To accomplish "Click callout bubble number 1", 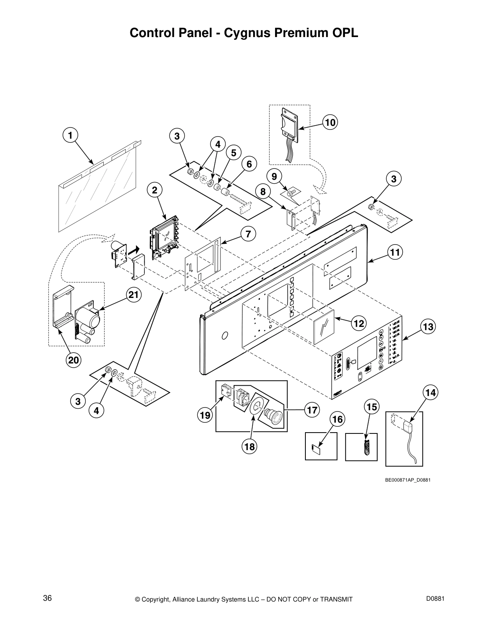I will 70,135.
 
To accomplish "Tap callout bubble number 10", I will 330,122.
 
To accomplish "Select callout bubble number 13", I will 428,327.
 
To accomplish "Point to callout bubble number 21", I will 134,295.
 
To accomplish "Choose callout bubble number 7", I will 248,234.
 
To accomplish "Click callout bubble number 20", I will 74,360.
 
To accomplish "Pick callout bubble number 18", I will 250,447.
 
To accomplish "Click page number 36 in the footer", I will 47,598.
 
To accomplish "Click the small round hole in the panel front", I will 224,336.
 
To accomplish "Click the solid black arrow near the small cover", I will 135,250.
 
